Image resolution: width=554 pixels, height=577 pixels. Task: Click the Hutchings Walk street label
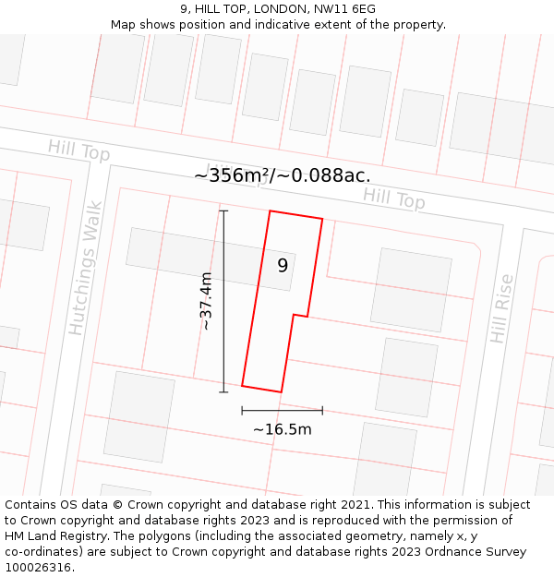[83, 280]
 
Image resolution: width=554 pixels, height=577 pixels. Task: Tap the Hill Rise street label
[501, 308]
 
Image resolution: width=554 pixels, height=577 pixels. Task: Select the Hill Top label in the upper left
[79, 149]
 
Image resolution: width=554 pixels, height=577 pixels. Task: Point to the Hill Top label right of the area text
[393, 197]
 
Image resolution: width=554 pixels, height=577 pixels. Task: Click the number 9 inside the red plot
[283, 265]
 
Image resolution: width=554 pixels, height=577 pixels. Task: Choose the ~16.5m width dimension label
[282, 429]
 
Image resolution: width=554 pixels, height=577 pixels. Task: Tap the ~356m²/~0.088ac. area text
[283, 175]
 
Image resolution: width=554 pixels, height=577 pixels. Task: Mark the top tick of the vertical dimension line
[223, 210]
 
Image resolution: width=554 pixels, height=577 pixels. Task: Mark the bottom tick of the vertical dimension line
[223, 392]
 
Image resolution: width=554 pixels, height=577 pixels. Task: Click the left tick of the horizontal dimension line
[242, 410]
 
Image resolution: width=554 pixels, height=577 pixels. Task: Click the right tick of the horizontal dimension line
[322, 410]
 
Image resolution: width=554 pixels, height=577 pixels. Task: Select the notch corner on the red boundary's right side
[294, 315]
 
